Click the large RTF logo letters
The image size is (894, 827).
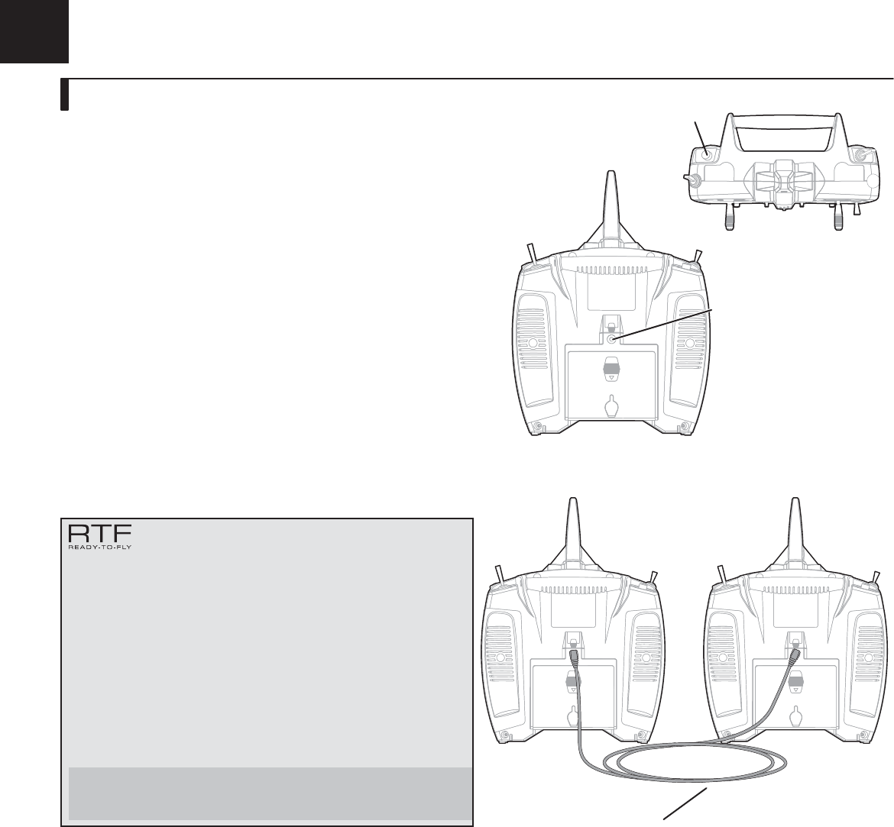point(100,534)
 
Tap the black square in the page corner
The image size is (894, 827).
point(34,31)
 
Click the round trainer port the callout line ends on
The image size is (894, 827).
point(612,340)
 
